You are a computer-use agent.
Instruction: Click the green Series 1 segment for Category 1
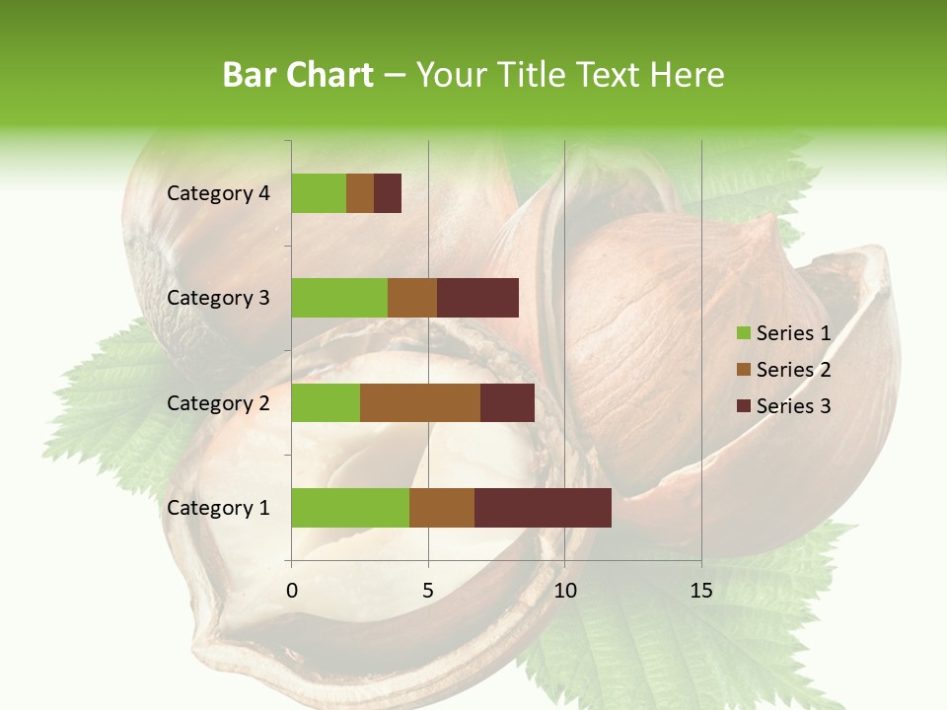(350, 508)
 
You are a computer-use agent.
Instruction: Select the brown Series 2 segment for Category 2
(420, 402)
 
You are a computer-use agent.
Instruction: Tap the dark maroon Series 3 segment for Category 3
(477, 298)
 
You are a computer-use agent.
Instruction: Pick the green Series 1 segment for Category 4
(319, 193)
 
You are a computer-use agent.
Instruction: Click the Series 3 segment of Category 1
(543, 508)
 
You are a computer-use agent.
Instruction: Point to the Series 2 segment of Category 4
(360, 193)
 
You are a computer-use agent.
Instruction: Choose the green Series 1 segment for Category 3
(339, 298)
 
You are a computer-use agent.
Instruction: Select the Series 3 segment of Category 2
(507, 402)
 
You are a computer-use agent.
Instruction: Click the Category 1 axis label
(218, 508)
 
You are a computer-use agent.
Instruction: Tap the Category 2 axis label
(218, 402)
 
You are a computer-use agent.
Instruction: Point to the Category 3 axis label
(218, 298)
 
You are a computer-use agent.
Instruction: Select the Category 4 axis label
(218, 193)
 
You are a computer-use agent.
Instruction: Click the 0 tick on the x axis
(292, 591)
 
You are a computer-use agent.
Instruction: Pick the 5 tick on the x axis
(428, 591)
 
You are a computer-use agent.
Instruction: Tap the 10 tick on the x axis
(564, 591)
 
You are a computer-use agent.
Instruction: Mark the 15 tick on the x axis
(700, 591)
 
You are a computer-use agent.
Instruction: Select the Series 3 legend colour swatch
(743, 406)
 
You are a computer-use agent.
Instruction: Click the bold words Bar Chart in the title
(297, 75)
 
